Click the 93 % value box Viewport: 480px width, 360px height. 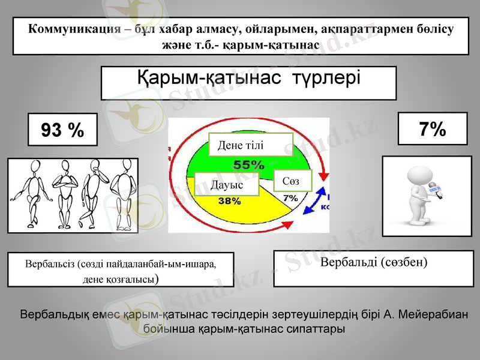pos(62,130)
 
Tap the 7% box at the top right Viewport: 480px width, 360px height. pos(432,128)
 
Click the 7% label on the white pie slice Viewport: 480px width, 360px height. pos(290,197)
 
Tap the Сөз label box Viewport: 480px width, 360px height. pos(293,181)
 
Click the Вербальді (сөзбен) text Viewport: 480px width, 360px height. pos(374,263)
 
